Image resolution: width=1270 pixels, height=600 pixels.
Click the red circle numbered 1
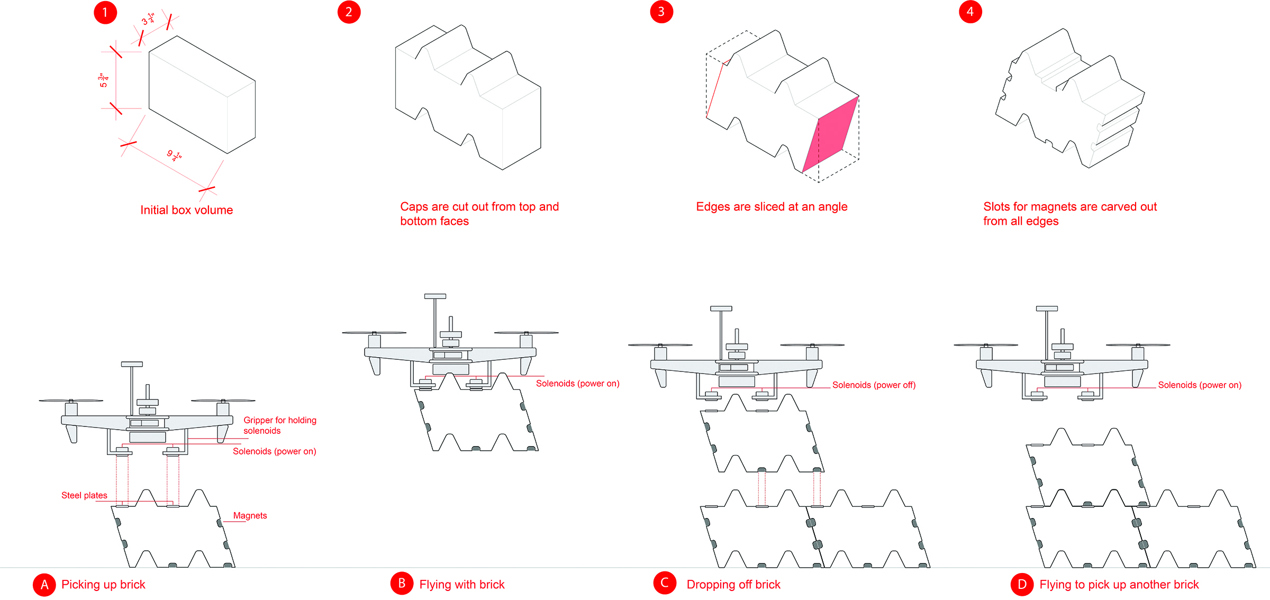(105, 13)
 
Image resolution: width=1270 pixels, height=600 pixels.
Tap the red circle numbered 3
(661, 12)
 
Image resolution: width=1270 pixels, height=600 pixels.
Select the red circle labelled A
(44, 585)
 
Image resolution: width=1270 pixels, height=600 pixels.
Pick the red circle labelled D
(1022, 585)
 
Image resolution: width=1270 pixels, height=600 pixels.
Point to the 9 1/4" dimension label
(174, 155)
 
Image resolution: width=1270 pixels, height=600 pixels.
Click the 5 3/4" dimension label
(104, 80)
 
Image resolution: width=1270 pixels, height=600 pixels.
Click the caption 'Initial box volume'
(186, 210)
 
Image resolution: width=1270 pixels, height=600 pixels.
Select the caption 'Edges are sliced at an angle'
(772, 207)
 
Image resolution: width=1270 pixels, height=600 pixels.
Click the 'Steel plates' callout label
(84, 495)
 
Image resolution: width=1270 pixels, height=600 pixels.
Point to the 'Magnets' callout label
(250, 515)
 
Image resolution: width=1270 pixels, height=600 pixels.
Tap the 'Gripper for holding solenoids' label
(279, 425)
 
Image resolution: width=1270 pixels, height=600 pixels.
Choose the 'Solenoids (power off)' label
(874, 385)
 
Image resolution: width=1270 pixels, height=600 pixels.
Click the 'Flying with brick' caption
(461, 585)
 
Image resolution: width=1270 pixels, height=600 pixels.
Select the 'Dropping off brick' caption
(733, 585)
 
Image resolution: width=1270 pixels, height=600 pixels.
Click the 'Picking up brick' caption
(103, 585)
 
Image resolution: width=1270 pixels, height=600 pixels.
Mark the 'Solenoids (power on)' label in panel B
(577, 384)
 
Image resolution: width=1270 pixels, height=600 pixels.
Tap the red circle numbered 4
(970, 12)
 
